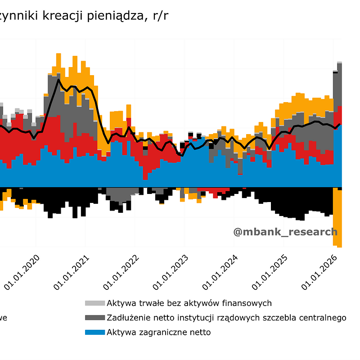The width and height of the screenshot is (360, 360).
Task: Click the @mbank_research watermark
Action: click(285, 232)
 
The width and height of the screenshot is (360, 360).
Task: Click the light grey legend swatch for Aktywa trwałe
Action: click(94, 303)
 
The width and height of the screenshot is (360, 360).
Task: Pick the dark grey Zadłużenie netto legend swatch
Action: click(94, 318)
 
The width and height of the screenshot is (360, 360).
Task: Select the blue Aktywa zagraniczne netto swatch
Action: click(94, 333)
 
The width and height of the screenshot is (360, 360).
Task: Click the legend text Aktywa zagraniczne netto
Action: click(158, 333)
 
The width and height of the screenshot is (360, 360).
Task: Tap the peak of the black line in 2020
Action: click(58, 80)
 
